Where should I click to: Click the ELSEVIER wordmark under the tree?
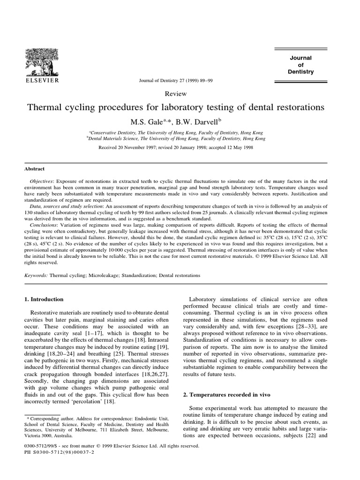click(42, 80)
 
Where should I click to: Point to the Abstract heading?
click(35, 169)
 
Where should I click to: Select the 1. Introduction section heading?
click(43, 299)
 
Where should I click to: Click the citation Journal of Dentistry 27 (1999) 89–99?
click(176, 80)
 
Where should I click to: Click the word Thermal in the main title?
click(45, 107)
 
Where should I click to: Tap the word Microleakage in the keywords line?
click(98, 276)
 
